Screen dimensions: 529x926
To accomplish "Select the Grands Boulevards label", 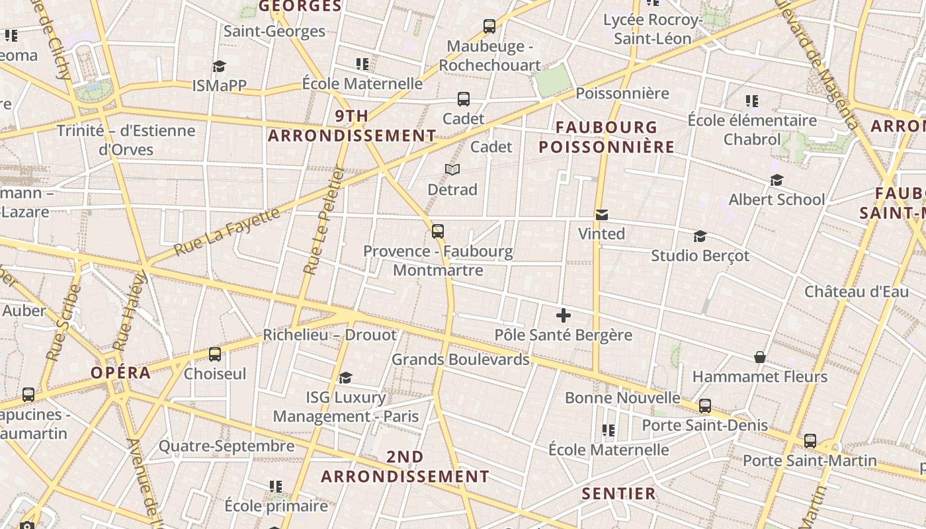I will (x=460, y=359).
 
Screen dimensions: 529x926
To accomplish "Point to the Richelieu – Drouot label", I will (x=330, y=335).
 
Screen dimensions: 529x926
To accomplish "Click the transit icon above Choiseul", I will (x=215, y=354).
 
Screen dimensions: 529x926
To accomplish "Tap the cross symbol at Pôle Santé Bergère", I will (x=563, y=315).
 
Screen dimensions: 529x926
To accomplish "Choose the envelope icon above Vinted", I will (x=602, y=215).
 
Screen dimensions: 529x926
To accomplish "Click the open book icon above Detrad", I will (x=452, y=170).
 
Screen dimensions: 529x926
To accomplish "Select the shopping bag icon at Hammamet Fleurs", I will (x=760, y=358).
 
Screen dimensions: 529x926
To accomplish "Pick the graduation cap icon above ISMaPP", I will (x=219, y=66).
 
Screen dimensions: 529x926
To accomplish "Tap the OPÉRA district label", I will (x=121, y=372).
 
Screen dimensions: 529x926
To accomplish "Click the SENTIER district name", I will (x=618, y=493).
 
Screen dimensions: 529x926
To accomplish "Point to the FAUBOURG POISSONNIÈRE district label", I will (x=607, y=137).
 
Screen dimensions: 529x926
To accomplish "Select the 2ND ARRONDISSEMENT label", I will (x=405, y=467).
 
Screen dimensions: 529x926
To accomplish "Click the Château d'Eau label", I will (x=857, y=292).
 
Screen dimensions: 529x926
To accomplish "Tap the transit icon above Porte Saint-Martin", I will (x=810, y=441).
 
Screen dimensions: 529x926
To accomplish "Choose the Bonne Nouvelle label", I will (x=622, y=397).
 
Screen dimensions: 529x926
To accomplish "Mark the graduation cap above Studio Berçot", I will (x=700, y=236).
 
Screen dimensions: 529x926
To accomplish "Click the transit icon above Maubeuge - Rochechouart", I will (x=489, y=26).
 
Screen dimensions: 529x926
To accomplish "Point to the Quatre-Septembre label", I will (x=226, y=446).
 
